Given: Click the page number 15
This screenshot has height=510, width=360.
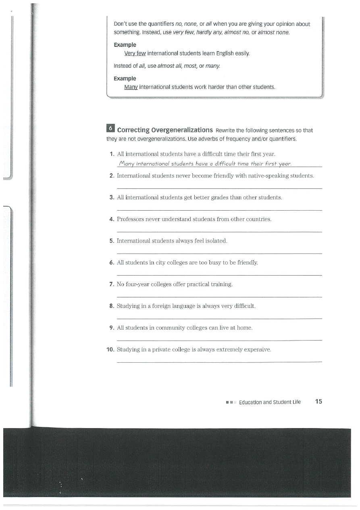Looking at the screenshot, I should click(x=318, y=401).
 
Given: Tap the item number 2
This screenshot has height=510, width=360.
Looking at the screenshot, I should click(x=112, y=176).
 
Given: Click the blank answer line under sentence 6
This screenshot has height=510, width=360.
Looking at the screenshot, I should click(x=219, y=275).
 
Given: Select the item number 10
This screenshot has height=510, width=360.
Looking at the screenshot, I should click(x=110, y=349).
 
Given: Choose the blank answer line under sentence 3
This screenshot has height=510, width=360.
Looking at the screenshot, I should click(x=219, y=210).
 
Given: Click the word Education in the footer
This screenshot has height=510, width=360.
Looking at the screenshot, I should click(x=250, y=402).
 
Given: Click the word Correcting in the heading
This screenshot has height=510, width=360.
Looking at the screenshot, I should click(x=133, y=130).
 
